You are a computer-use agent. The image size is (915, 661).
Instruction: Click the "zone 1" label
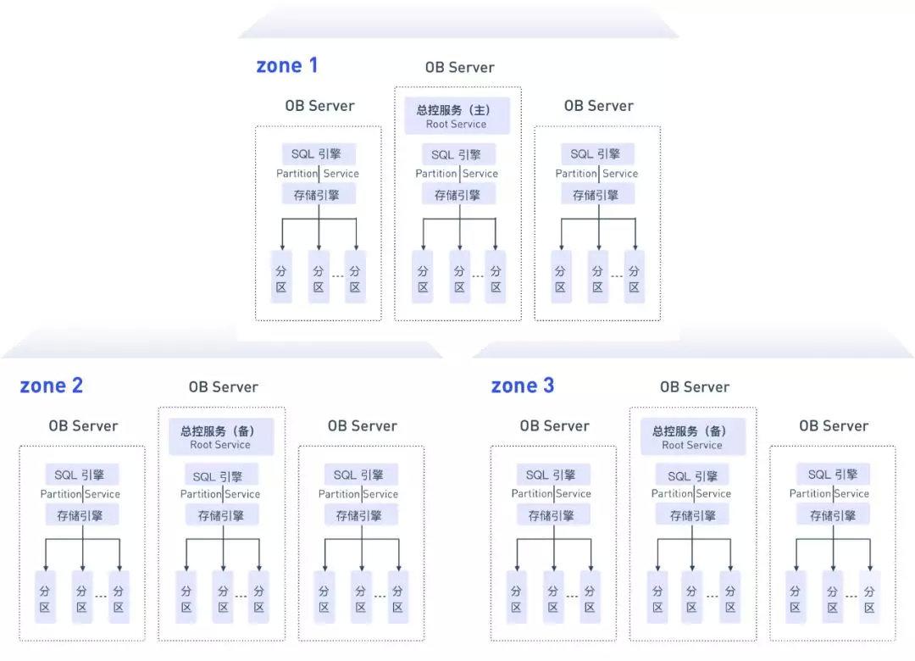point(286,66)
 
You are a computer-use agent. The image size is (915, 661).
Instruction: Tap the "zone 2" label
point(52,386)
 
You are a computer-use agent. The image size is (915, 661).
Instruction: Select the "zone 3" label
point(523,386)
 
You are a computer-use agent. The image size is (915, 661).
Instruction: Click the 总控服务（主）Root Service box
point(457,116)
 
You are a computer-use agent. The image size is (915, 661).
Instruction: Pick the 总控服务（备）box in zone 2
point(220,437)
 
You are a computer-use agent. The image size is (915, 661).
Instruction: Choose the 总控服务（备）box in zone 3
point(692,437)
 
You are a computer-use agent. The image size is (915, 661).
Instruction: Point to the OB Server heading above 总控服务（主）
point(459,68)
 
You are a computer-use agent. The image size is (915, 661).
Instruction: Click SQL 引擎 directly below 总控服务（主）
point(457,154)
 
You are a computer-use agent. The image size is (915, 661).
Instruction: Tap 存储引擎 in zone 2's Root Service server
point(220,515)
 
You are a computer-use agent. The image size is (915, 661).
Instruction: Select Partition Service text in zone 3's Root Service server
point(692,494)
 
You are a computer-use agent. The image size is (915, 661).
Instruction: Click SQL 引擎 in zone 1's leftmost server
point(319,154)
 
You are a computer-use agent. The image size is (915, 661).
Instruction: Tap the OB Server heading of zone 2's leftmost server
point(83,425)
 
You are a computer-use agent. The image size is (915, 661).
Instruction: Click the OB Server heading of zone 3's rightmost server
point(834,425)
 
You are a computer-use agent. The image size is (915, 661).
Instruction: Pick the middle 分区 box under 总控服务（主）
point(459,277)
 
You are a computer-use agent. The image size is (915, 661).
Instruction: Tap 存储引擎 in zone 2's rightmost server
point(360,515)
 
